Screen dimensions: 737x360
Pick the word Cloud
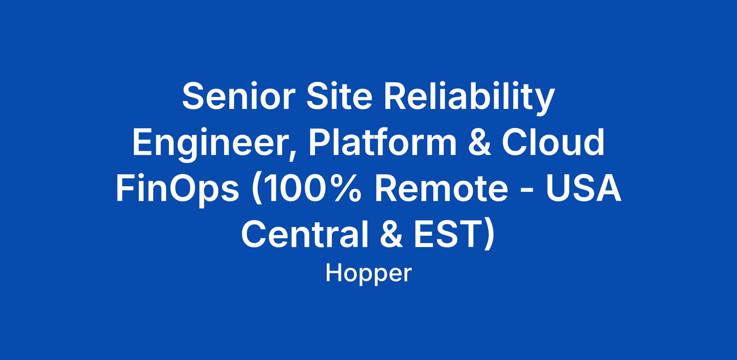[553, 142]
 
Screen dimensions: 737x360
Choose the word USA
[584, 188]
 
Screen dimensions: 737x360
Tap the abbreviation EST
[444, 234]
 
